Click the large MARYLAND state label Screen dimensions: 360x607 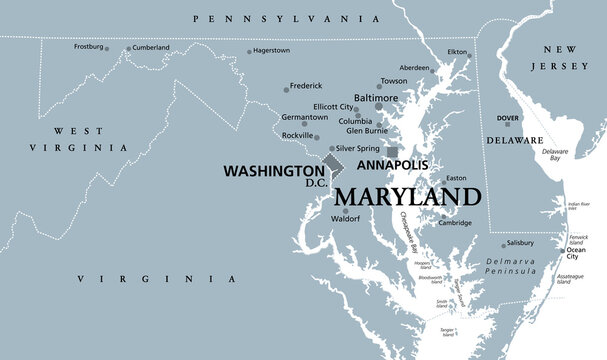point(405,195)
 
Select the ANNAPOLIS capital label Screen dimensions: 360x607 point(393,163)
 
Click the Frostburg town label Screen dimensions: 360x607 point(91,47)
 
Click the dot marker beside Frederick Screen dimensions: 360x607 point(286,89)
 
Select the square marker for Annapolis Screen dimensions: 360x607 point(377,152)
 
